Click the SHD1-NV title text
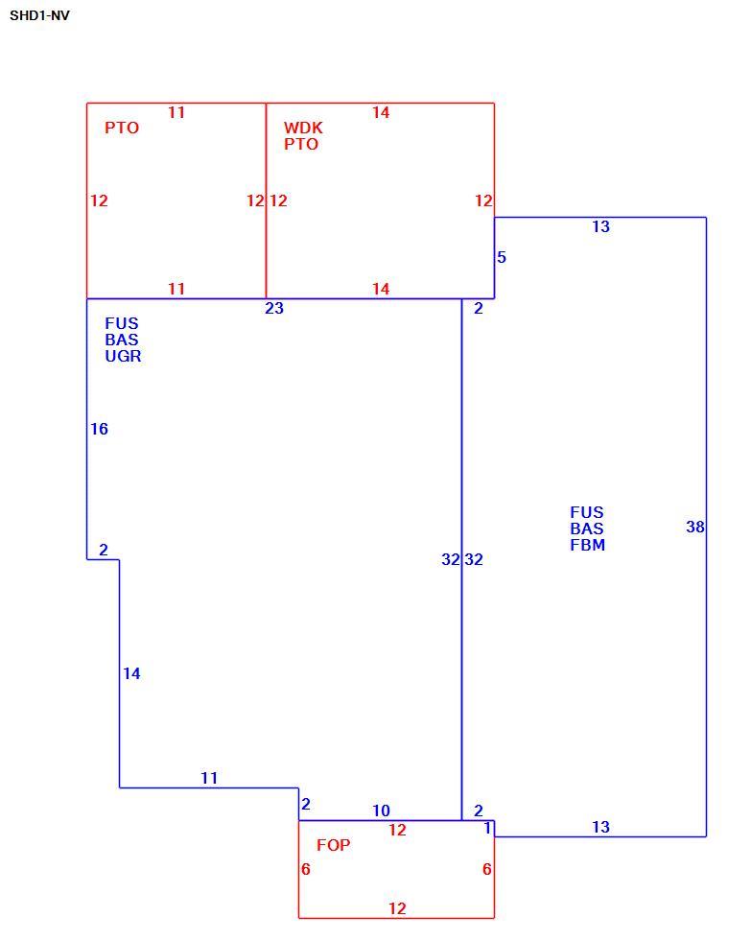[39, 15]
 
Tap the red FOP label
[333, 845]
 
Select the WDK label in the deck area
[303, 128]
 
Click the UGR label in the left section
[123, 356]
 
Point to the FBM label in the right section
[587, 545]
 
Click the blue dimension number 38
[695, 527]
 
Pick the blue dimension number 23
[274, 308]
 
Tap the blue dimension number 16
[100, 430]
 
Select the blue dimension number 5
[502, 257]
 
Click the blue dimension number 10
[381, 811]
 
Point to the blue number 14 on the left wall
[131, 673]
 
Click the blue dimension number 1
[488, 828]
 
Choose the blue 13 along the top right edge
[601, 226]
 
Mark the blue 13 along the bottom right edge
[601, 827]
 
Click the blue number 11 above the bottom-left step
[209, 778]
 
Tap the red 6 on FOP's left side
[306, 869]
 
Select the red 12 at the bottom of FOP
[397, 909]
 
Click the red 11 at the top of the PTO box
[176, 113]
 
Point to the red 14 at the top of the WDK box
[381, 113]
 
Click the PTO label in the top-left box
[122, 128]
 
